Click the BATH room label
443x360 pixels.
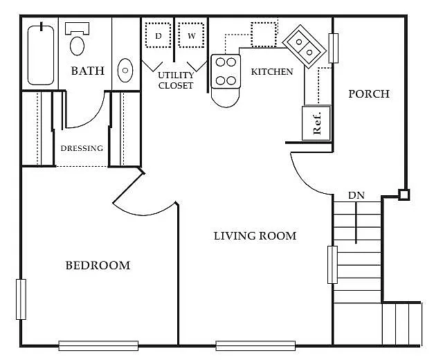88,71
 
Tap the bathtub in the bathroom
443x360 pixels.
41,55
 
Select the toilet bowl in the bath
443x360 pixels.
77,46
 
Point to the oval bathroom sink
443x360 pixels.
125,71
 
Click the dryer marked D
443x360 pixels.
159,35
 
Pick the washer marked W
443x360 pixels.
191,35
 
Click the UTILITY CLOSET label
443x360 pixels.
176,80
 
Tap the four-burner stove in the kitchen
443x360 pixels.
226,71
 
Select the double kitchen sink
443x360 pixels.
305,46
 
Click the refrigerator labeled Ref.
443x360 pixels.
316,123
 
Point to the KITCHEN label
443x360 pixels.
272,72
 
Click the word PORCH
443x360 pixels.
369,94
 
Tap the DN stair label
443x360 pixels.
356,195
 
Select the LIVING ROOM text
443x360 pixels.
255,235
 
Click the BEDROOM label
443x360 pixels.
98,265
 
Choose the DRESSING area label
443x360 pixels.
82,148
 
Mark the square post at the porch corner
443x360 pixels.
404,195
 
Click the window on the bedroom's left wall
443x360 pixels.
21,299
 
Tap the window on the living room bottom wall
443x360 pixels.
255,345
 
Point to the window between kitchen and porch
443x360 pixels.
334,48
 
